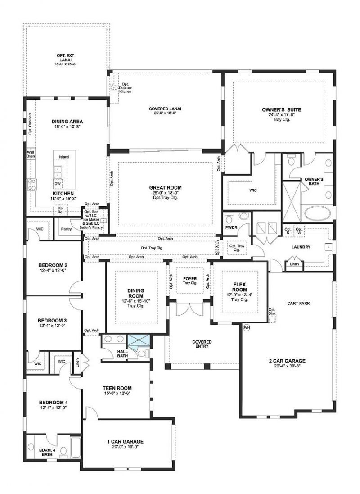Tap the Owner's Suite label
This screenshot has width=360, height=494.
click(x=281, y=109)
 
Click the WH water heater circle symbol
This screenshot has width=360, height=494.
click(x=246, y=327)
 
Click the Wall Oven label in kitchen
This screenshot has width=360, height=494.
click(x=31, y=154)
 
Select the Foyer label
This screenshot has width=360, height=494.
click(x=189, y=278)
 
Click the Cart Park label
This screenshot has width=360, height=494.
click(x=298, y=303)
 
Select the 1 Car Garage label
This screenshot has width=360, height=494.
click(x=126, y=441)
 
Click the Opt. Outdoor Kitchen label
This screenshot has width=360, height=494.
click(x=125, y=88)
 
